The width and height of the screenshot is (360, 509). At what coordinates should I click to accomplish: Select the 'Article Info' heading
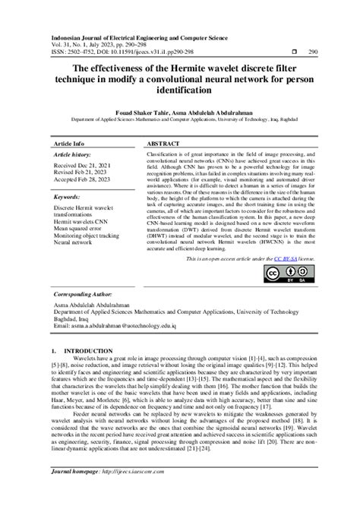point(70,143)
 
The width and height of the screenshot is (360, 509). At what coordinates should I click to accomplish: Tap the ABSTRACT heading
point(164,143)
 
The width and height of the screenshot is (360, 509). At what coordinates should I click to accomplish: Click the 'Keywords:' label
point(68,197)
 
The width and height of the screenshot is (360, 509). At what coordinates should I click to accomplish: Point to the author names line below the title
point(179,111)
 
